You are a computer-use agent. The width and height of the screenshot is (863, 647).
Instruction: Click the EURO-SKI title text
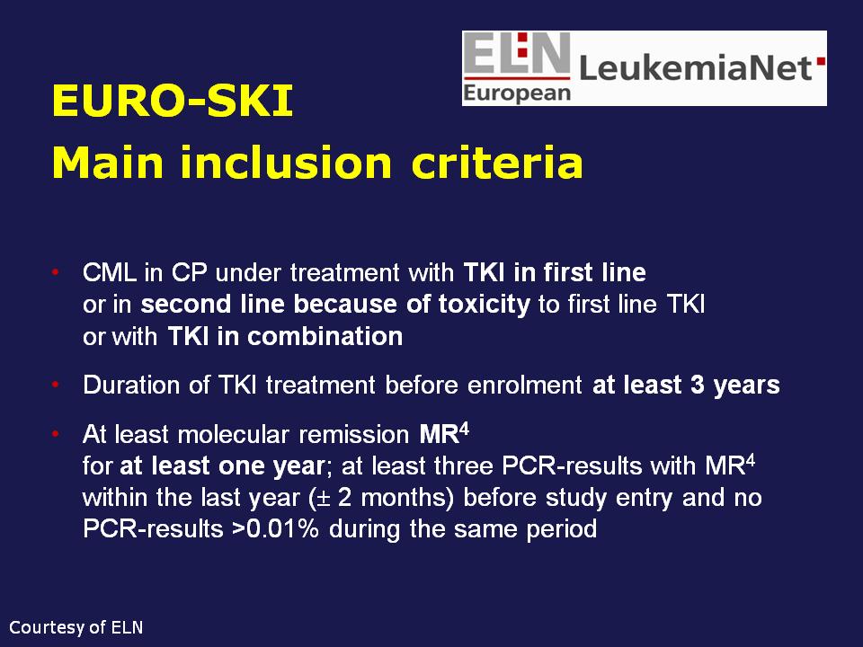pyautogui.click(x=173, y=101)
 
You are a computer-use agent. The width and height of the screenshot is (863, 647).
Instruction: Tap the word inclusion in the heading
pyautogui.click(x=286, y=163)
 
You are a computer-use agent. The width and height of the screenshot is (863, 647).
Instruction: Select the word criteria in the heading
pyautogui.click(x=497, y=163)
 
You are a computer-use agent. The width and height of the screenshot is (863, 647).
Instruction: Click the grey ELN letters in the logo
pyautogui.click(x=517, y=53)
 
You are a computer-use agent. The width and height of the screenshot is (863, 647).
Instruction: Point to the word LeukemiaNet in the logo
pyautogui.click(x=696, y=67)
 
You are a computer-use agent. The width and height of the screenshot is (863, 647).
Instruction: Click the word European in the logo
pyautogui.click(x=517, y=93)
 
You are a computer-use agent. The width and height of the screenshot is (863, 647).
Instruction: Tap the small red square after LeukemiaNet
pyautogui.click(x=821, y=61)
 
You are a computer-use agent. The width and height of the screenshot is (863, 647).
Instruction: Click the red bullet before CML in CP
pyautogui.click(x=55, y=271)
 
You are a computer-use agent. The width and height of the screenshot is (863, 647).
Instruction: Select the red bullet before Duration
pyautogui.click(x=55, y=384)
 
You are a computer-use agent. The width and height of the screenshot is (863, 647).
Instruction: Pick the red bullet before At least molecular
pyautogui.click(x=55, y=434)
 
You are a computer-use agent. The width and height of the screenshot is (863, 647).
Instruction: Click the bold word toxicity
pyautogui.click(x=485, y=305)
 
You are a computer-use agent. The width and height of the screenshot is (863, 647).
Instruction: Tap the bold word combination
pyautogui.click(x=325, y=336)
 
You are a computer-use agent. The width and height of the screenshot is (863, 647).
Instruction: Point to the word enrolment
pyautogui.click(x=524, y=385)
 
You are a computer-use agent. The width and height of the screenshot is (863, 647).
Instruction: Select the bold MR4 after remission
pyautogui.click(x=444, y=433)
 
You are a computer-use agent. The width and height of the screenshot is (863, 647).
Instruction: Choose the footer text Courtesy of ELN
pyautogui.click(x=76, y=627)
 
